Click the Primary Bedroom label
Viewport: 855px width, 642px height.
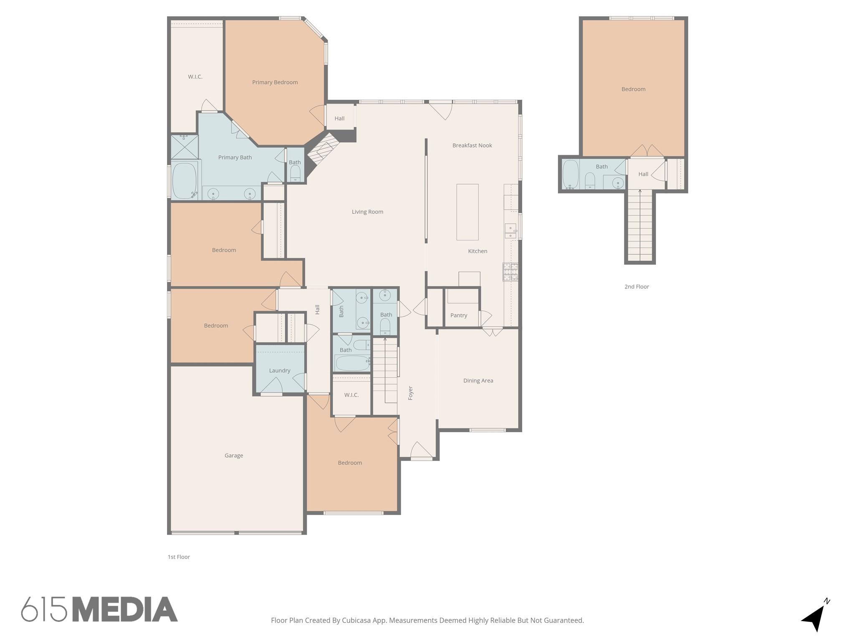[x=275, y=82]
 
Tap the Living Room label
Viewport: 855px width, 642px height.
[x=367, y=212]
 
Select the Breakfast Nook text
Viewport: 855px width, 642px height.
[x=472, y=145]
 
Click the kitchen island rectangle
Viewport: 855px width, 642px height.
[x=467, y=212]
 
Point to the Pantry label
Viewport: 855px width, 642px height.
[x=459, y=316]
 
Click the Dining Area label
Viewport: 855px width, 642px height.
[x=478, y=381]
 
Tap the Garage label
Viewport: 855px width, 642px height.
[x=234, y=456]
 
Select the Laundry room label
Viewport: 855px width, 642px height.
[x=280, y=371]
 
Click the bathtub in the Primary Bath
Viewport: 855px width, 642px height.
[x=184, y=181]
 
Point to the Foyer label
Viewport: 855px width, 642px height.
[x=410, y=393]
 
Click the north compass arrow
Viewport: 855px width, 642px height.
[x=814, y=617]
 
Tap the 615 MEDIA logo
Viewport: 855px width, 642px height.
[x=99, y=609]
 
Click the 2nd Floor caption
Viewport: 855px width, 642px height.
[x=637, y=287]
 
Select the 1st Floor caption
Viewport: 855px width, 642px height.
[x=179, y=557]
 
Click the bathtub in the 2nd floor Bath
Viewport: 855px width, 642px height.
[x=570, y=174]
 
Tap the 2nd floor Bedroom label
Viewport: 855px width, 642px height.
[x=633, y=89]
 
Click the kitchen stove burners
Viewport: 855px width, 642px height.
[x=510, y=272]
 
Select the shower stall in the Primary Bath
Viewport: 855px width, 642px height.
[x=184, y=147]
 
